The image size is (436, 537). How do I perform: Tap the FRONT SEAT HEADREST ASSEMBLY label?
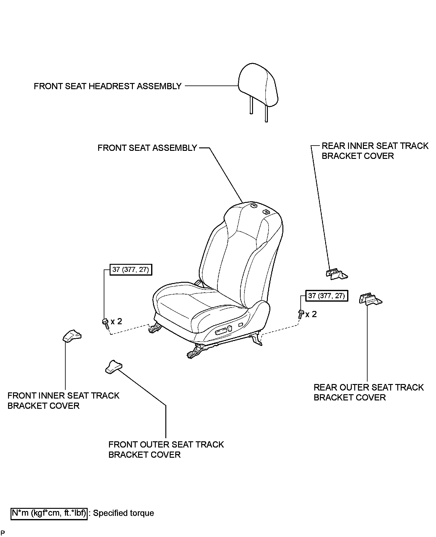click(107, 86)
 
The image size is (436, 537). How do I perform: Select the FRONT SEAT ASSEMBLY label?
click(147, 148)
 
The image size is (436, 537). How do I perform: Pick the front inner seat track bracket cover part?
click(72, 336)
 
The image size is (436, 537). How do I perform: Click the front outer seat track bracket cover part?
click(113, 366)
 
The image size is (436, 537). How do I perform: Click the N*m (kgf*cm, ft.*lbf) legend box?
click(49, 513)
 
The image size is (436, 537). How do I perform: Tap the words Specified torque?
click(124, 513)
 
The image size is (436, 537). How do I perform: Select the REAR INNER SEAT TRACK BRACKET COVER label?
click(375, 151)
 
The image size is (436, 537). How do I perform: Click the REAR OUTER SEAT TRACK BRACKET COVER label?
click(368, 392)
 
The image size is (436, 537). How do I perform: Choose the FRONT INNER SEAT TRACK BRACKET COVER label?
click(63, 400)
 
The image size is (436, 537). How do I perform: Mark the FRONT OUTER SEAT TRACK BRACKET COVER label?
click(166, 449)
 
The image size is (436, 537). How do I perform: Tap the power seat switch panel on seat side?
click(224, 330)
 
